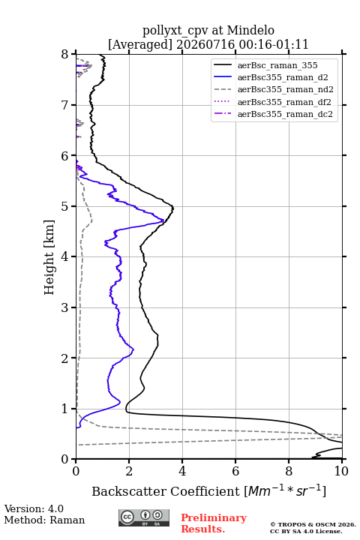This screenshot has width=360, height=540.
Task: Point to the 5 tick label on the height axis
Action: (64, 207)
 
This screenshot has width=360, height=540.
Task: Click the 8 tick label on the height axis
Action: (64, 55)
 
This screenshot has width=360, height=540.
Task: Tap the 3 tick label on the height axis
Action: (64, 307)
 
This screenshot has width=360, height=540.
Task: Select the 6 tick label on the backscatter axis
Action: (235, 471)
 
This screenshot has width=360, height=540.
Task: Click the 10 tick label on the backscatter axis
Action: (341, 471)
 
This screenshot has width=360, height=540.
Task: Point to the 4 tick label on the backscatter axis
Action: (182, 471)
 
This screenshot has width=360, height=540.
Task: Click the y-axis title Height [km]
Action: (49, 257)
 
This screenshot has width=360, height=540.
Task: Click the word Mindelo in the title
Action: (250, 30)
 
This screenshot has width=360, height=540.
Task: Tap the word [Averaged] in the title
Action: (140, 45)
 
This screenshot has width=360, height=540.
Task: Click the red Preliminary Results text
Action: (214, 523)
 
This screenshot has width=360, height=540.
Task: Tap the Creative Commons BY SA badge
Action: (144, 517)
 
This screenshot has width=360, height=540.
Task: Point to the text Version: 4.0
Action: (34, 508)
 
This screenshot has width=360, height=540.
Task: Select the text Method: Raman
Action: (44, 520)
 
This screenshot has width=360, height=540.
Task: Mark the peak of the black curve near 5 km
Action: (173, 208)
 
